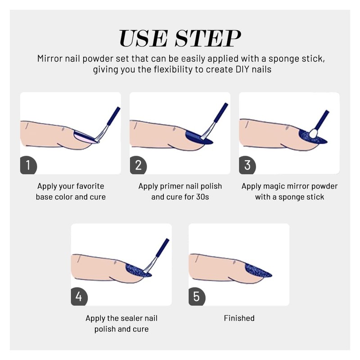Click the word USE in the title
(x=143, y=38)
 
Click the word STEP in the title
(x=208, y=38)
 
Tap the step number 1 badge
(x=28, y=165)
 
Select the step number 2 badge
(x=138, y=165)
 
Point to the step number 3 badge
(x=247, y=165)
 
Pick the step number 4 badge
(x=79, y=297)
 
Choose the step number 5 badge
(x=197, y=297)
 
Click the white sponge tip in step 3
(x=313, y=134)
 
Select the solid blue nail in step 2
(x=197, y=137)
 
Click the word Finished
(x=239, y=318)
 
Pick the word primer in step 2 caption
(x=171, y=186)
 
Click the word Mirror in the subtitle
(x=50, y=58)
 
